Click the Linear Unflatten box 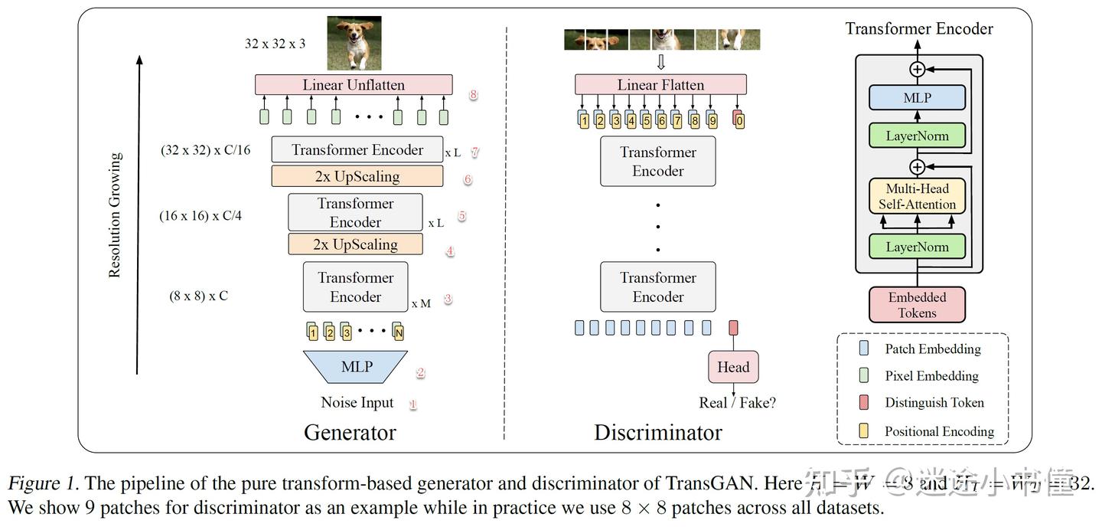coord(354,85)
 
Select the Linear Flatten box coord(660,85)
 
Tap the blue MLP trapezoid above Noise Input coord(357,367)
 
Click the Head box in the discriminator coord(733,367)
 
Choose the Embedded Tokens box coord(917,305)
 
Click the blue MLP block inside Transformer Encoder coord(917,98)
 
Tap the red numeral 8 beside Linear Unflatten coord(474,95)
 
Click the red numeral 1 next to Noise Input coord(412,404)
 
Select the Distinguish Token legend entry coord(934,403)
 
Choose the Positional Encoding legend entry coord(939,431)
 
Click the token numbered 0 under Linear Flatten coord(739,119)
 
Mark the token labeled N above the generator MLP coord(398,332)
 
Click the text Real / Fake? coord(737,403)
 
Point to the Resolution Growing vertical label coord(115,215)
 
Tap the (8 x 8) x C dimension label coord(198,295)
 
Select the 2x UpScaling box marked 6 coord(357,177)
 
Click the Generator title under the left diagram coord(350,432)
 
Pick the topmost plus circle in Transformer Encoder coord(917,69)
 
